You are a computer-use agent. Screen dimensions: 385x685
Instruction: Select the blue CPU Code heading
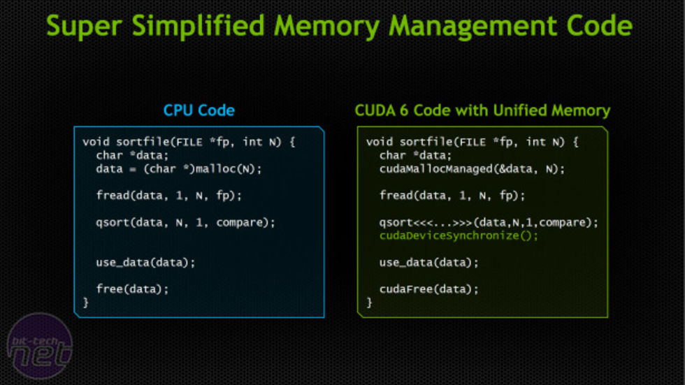(199, 110)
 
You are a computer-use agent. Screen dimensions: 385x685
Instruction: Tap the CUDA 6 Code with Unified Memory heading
(482, 110)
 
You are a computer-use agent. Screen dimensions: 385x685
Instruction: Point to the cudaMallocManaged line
(472, 168)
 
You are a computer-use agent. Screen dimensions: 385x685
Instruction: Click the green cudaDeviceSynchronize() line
(459, 235)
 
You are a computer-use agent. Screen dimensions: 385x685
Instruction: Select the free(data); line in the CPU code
(132, 288)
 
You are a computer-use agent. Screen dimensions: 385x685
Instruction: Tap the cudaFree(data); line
(429, 289)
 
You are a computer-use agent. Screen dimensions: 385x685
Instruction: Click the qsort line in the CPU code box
(185, 222)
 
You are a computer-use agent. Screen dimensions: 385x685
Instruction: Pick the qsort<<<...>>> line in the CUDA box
(489, 222)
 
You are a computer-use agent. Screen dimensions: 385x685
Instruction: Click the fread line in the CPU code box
(168, 196)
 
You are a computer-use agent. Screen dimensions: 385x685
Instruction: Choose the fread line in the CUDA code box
(452, 196)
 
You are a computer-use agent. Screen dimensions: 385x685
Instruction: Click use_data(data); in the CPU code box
(145, 262)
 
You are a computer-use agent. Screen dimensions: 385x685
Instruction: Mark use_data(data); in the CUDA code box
(429, 262)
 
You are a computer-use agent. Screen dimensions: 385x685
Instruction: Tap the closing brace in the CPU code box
(86, 302)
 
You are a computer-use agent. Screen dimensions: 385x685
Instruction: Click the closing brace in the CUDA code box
(369, 302)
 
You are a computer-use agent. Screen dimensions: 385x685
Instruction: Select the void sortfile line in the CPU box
(189, 142)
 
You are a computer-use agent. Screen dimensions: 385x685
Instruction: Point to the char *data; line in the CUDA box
(416, 155)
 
